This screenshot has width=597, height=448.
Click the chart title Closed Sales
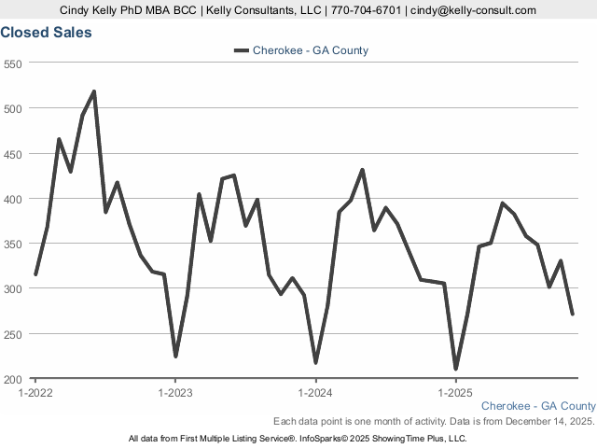46,33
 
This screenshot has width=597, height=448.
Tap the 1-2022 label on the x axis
35,393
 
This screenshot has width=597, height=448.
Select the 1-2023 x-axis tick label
175,393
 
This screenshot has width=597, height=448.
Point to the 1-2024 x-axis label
315,393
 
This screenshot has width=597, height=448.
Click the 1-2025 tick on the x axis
455,393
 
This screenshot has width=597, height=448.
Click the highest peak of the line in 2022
94,91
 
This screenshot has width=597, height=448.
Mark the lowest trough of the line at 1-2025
456,369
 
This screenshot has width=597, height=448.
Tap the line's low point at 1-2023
175,357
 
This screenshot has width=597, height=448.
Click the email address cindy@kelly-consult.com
474,10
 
